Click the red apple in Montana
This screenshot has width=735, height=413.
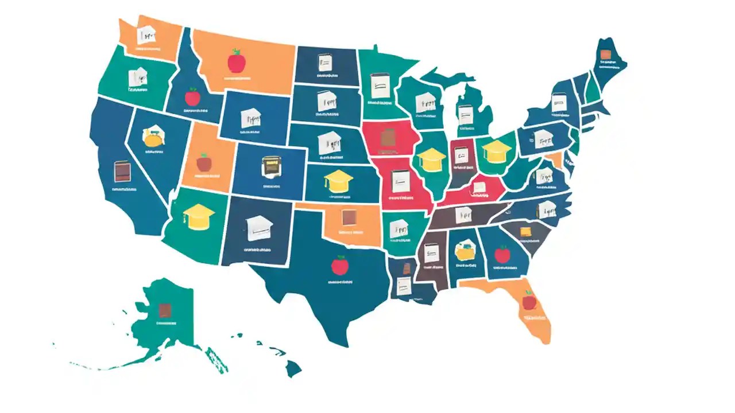(235, 60)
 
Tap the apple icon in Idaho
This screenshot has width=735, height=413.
(192, 96)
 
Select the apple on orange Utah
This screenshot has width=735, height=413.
(204, 162)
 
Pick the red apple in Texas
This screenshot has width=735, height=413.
(340, 265)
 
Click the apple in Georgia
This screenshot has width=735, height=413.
(502, 253)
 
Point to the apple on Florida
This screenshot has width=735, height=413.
(529, 300)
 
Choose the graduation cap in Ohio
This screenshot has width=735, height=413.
(496, 151)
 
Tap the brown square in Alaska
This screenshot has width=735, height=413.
(165, 310)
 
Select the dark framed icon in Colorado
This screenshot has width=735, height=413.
(269, 166)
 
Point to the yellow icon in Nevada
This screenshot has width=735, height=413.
(154, 138)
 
